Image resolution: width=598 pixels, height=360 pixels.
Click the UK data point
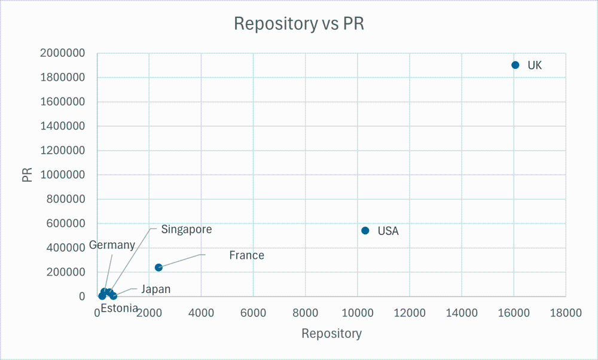click(515, 65)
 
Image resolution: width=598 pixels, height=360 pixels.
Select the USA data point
click(365, 231)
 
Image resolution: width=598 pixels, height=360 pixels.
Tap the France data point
click(158, 267)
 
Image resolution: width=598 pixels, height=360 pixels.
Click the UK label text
click(535, 66)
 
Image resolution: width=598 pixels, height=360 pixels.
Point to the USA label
click(388, 231)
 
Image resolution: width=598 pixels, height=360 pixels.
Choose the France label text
click(246, 255)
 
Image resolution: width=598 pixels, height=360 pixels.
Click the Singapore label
click(187, 229)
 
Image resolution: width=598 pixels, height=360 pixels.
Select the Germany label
click(112, 245)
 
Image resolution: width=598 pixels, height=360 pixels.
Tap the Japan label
click(155, 289)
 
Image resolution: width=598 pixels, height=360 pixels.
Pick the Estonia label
click(119, 309)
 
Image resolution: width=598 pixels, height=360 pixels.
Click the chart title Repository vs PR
click(299, 24)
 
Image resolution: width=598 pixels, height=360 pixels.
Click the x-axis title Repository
click(331, 334)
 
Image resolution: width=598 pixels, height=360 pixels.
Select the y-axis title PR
click(27, 175)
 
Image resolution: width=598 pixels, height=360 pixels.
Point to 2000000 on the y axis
click(63, 53)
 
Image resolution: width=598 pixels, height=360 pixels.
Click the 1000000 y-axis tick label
click(63, 175)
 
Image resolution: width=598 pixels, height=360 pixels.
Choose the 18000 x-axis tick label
click(565, 312)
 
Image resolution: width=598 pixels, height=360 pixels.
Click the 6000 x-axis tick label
click(253, 312)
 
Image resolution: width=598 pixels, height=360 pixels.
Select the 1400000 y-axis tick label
click(63, 126)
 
